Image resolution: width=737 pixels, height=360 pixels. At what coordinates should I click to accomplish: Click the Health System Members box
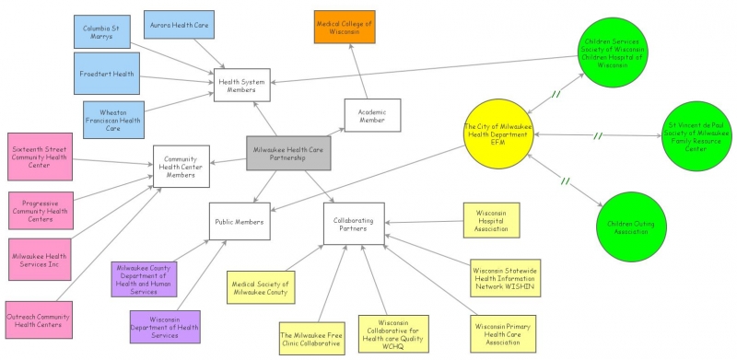(241, 85)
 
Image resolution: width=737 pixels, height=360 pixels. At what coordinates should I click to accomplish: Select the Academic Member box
(371, 115)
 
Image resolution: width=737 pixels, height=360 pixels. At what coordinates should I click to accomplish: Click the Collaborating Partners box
(353, 224)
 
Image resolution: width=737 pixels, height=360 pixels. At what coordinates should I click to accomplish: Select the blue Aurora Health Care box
(179, 25)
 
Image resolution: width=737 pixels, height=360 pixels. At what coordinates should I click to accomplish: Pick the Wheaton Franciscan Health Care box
(113, 119)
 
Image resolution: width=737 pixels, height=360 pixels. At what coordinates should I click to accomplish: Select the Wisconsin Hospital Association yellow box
(491, 221)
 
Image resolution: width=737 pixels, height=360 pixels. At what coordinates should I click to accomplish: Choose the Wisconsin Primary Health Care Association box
(504, 331)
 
